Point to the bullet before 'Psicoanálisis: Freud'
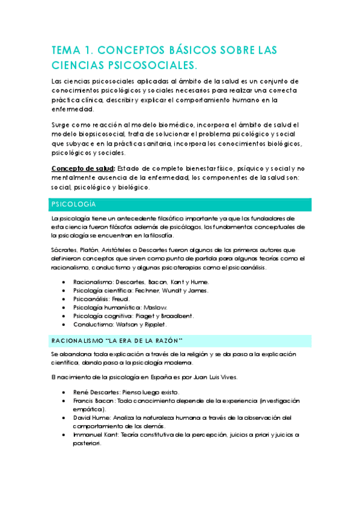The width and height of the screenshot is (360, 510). click(x=64, y=298)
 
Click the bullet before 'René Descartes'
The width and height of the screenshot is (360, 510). click(x=64, y=392)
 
